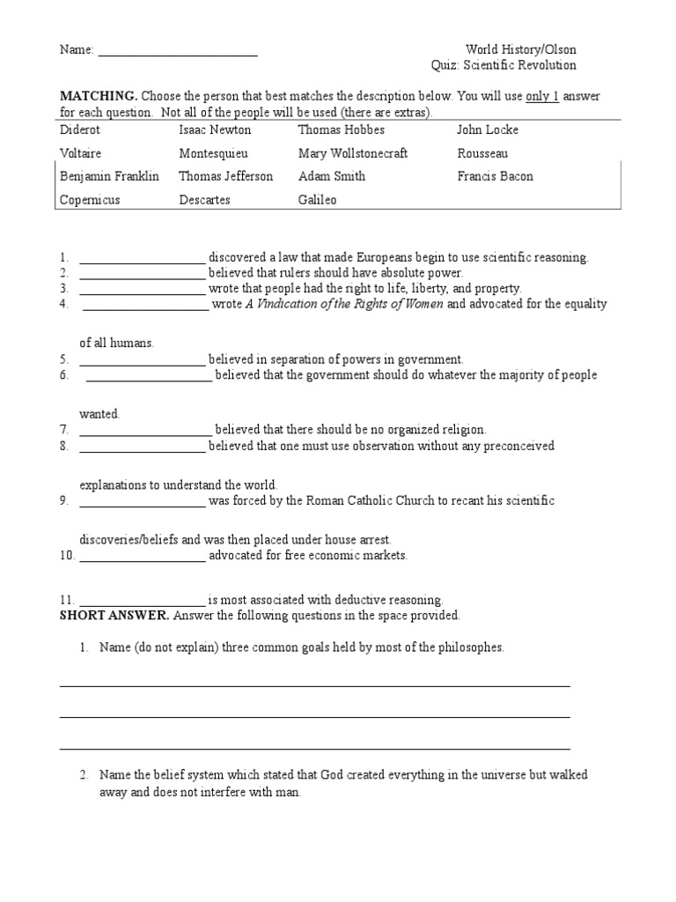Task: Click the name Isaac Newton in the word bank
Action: [215, 129]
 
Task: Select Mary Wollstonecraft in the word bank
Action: [353, 153]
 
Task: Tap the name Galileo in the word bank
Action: [317, 200]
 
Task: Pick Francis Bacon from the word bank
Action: [495, 176]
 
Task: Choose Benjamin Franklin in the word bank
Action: [109, 176]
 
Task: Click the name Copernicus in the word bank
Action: [90, 200]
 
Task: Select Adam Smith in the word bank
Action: [331, 176]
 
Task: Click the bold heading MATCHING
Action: [98, 96]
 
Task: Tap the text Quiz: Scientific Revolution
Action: [503, 65]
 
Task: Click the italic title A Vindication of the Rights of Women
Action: [344, 304]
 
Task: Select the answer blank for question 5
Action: [142, 361]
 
